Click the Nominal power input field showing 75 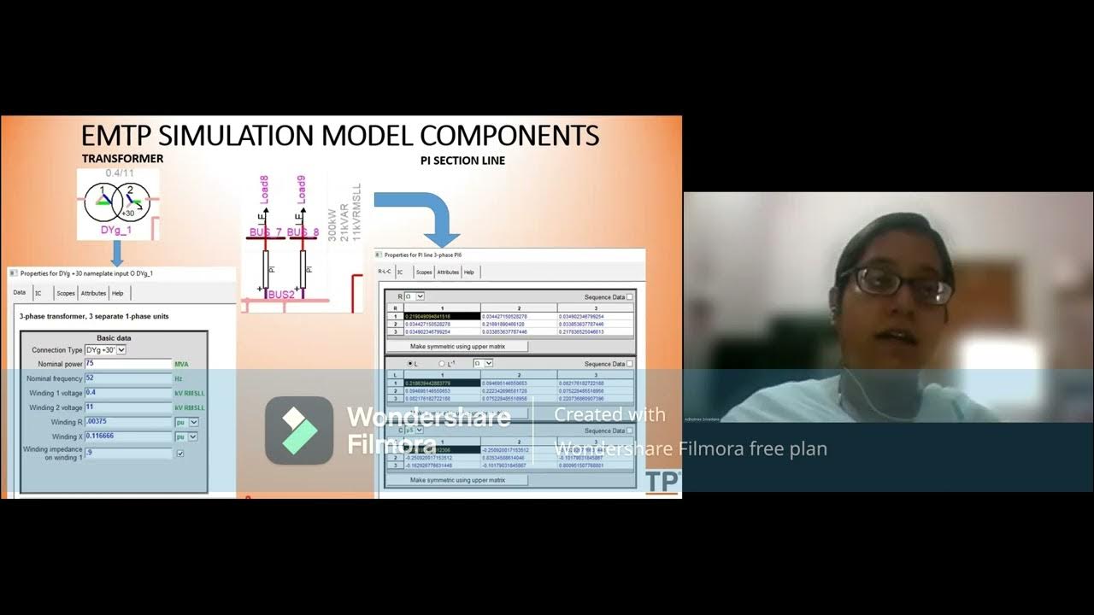click(x=128, y=365)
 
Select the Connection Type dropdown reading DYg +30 click(x=105, y=350)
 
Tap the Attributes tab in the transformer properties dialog click(x=93, y=293)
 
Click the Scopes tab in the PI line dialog click(x=424, y=272)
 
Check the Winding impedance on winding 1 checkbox click(x=179, y=454)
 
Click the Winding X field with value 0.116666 click(x=128, y=436)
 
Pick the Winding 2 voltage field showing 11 click(x=128, y=408)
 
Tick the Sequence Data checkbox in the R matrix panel click(x=630, y=297)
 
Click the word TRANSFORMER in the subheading click(x=122, y=159)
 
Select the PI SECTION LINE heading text click(x=462, y=161)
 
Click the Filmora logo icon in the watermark click(x=298, y=430)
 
